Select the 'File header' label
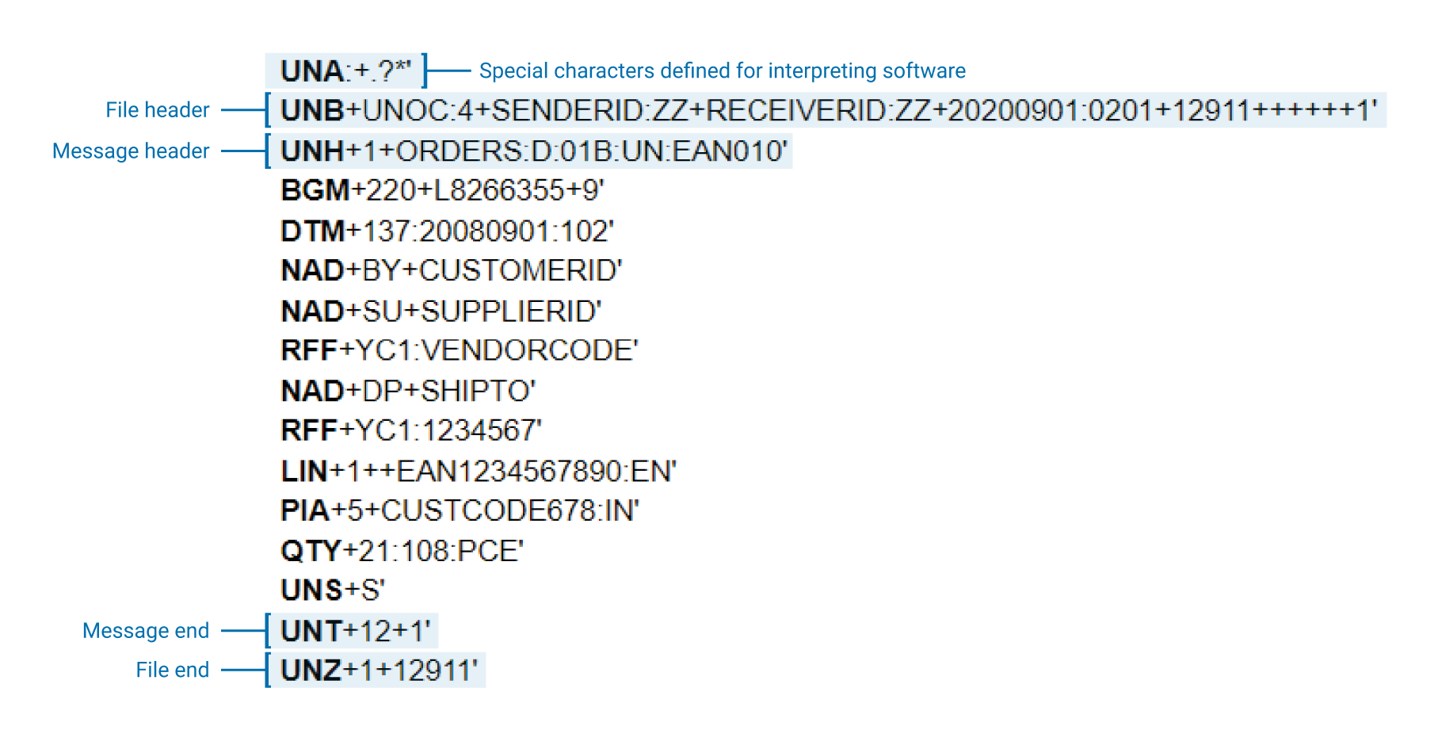point(157,110)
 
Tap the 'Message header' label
point(131,151)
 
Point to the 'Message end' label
point(146,631)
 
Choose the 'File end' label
point(172,671)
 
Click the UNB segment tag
point(312,111)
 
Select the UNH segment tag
point(312,151)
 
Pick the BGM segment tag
point(315,191)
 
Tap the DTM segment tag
point(313,231)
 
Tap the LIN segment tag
point(304,472)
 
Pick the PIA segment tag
point(305,511)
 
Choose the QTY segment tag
point(311,552)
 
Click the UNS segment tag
point(311,590)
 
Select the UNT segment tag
point(311,632)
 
